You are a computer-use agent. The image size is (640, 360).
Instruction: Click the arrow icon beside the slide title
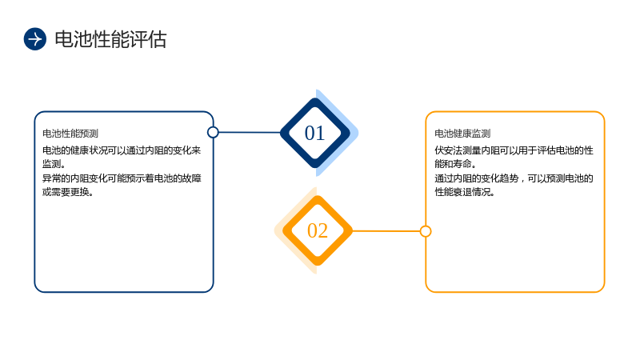[x=35, y=39]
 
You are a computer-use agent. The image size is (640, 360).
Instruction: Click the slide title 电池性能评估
[x=110, y=39]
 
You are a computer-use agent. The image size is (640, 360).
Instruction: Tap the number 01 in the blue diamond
[x=314, y=133]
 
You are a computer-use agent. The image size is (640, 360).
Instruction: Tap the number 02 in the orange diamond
[x=318, y=230]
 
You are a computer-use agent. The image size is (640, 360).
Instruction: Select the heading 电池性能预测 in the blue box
[x=70, y=134]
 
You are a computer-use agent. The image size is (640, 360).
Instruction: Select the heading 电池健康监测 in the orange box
[x=462, y=134]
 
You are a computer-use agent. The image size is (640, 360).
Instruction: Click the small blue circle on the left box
[x=213, y=132]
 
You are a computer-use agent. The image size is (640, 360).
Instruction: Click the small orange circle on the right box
[x=426, y=231]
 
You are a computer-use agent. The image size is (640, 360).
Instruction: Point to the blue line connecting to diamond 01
[x=250, y=132]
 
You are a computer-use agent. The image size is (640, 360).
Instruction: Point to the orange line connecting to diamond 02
[x=386, y=231]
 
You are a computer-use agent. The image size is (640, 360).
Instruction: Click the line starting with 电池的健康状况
[x=122, y=150]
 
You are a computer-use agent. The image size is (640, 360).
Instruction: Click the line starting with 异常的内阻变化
[x=122, y=178]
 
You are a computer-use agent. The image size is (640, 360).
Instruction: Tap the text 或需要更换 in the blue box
[x=68, y=192]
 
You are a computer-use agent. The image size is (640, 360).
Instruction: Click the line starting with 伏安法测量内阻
[x=514, y=150]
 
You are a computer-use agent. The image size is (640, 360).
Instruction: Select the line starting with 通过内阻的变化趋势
[x=514, y=178]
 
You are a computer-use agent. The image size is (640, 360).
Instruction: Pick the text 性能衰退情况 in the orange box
[x=465, y=192]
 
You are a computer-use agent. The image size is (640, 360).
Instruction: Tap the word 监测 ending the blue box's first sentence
[x=51, y=165]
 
